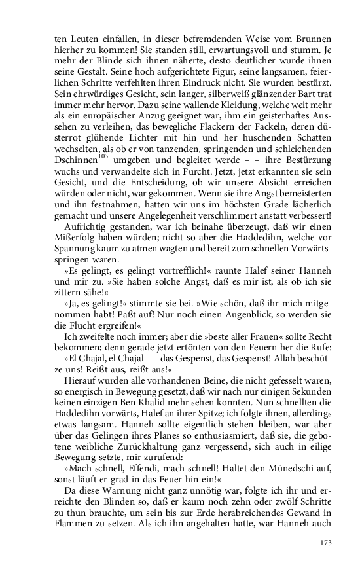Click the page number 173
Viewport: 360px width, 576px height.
click(325, 543)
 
